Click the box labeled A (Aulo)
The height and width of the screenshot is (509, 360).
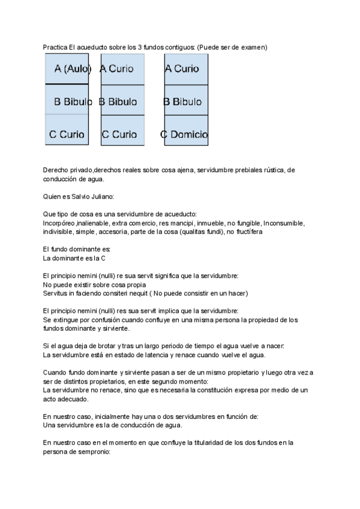[67, 69]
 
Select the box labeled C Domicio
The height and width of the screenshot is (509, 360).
[186, 134]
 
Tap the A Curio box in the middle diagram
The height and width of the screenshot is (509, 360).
[122, 69]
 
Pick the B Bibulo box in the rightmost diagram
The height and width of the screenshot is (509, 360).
[186, 102]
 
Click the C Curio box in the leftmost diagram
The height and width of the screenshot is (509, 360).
[67, 134]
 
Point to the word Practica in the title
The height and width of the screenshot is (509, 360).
[55, 47]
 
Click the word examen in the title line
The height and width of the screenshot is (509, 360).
[254, 47]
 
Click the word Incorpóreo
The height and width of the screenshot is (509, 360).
[59, 223]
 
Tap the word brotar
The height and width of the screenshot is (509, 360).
[109, 346]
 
